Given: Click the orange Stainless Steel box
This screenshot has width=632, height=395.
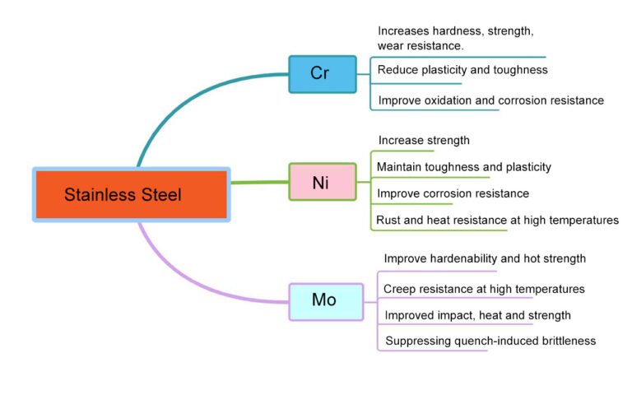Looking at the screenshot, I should click(131, 195).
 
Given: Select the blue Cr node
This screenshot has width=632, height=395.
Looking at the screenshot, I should click(322, 73).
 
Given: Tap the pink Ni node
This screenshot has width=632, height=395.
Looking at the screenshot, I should click(322, 182).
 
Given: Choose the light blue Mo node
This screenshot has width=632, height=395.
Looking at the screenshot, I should click(325, 300).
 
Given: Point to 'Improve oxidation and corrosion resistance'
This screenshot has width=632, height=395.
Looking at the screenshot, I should click(490, 100).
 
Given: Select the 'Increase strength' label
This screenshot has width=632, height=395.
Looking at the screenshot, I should click(424, 141).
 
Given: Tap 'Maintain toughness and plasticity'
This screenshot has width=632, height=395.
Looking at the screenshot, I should click(463, 167).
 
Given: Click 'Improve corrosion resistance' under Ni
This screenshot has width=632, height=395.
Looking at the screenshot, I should click(453, 193).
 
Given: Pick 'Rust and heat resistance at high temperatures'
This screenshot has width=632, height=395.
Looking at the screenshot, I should click(497, 220).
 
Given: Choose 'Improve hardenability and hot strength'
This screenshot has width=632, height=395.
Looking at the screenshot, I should click(485, 258).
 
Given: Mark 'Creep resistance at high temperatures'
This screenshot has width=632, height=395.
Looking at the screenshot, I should click(484, 289).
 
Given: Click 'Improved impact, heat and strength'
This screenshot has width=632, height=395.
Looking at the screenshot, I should click(477, 315).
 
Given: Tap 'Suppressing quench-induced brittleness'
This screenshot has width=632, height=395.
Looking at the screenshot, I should click(490, 341).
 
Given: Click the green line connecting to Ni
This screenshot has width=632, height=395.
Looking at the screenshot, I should click(258, 182).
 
